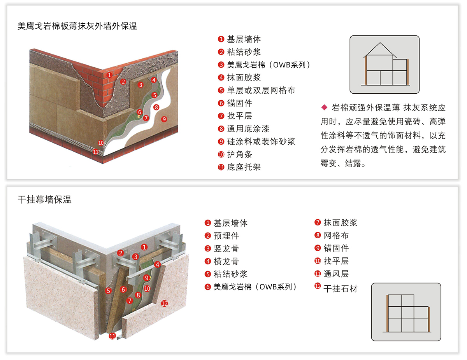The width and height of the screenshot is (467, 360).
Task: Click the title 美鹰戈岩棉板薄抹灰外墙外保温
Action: [77, 26]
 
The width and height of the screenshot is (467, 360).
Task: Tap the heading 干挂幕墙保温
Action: [45, 200]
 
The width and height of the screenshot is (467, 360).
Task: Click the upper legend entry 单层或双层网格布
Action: [261, 91]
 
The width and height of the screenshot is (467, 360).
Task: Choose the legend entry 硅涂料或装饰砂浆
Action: [261, 142]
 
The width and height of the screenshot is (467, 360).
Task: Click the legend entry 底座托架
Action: [244, 167]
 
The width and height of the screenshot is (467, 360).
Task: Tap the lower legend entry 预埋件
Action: [226, 236]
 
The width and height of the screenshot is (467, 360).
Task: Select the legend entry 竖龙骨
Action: [226, 249]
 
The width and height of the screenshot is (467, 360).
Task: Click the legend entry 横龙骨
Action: [226, 262]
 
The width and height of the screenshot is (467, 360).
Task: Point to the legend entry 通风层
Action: [336, 274]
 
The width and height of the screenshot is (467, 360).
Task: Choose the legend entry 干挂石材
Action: [341, 288]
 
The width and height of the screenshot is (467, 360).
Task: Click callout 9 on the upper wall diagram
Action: [164, 119]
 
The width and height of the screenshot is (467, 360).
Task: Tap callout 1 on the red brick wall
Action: [110, 75]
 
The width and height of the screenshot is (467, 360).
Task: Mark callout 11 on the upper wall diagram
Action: [96, 152]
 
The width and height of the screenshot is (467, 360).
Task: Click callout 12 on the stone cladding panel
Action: [164, 303]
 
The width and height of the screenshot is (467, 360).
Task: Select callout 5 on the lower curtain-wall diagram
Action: [109, 290]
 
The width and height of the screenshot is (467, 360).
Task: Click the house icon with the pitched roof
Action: [384, 65]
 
